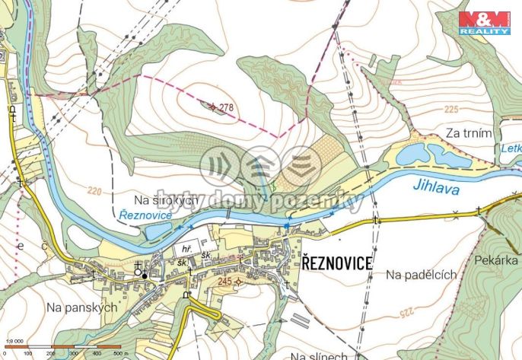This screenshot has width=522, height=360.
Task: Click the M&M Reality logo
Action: (484, 23)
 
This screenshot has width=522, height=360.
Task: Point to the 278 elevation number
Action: (225, 108)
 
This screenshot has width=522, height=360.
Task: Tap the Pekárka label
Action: (498, 260)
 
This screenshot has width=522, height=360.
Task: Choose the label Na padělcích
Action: (420, 273)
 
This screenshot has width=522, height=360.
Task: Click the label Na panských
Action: (80, 307)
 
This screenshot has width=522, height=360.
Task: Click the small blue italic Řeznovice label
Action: (146, 218)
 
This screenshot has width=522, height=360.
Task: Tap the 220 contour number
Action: (94, 190)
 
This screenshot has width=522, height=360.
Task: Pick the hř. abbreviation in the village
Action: (185, 249)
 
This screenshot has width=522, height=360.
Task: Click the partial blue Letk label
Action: (511, 150)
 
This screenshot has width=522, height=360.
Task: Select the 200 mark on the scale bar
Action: (51, 354)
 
